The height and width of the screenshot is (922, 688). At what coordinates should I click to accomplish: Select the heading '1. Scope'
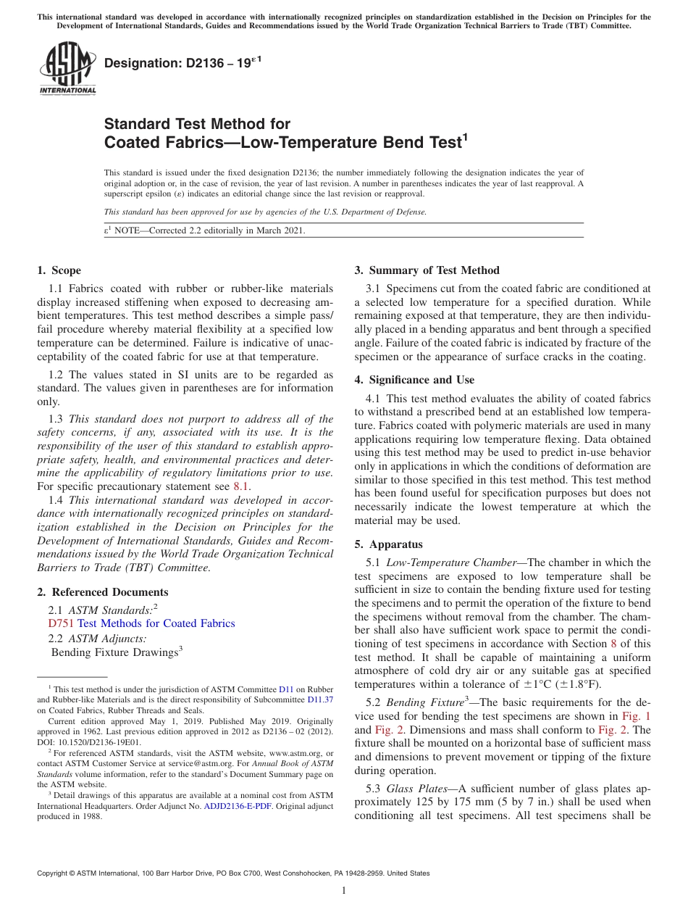pyautogui.click(x=59, y=270)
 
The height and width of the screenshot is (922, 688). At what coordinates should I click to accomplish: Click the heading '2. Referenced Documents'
pyautogui.click(x=103, y=592)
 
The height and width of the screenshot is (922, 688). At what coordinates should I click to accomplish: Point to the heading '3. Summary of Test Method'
pyautogui.click(x=427, y=270)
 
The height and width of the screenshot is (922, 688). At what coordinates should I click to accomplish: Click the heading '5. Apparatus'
pyautogui.click(x=388, y=544)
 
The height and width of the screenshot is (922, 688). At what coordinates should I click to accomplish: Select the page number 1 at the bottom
pyautogui.click(x=344, y=891)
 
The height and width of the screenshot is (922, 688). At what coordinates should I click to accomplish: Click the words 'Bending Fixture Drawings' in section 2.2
pyautogui.click(x=114, y=652)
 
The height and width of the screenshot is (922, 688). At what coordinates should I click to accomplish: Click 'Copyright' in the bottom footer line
pyautogui.click(x=54, y=873)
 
